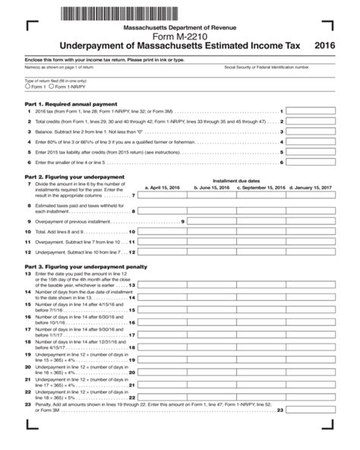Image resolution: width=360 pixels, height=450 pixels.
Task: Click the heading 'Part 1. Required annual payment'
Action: tap(66, 103)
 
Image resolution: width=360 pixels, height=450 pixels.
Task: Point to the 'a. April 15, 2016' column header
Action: tap(163, 186)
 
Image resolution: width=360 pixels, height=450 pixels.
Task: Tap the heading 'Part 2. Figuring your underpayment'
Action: tap(70, 176)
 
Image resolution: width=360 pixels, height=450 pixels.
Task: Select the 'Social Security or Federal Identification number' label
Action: tap(266, 67)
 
